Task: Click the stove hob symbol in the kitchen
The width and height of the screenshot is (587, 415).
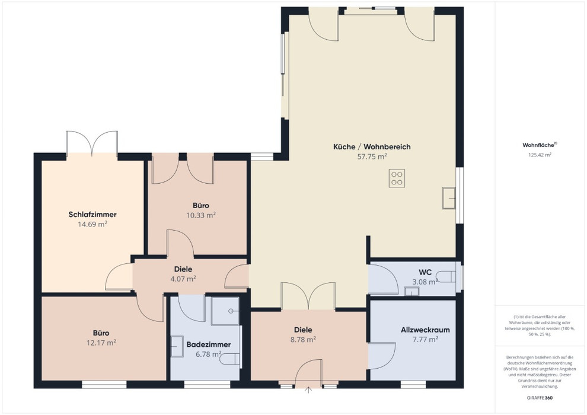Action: (397, 178)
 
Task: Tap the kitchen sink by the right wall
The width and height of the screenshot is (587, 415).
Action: (449, 197)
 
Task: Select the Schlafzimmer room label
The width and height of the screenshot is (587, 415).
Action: (92, 215)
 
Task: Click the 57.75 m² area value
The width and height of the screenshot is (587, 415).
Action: (372, 157)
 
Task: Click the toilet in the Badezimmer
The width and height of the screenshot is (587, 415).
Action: (229, 359)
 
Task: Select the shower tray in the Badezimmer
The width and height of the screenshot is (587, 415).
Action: (225, 311)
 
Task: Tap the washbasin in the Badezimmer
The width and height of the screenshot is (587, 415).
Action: (176, 346)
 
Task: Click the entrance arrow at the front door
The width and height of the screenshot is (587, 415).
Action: (308, 390)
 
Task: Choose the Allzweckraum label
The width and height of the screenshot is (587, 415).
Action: (425, 330)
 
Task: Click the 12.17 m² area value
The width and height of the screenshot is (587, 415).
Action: (101, 343)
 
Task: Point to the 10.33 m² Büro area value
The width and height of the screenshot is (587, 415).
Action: (201, 215)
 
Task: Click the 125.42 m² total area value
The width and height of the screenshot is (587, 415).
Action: (540, 155)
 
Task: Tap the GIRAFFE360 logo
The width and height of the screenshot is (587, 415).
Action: (540, 398)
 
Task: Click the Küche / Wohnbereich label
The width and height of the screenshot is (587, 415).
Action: (372, 146)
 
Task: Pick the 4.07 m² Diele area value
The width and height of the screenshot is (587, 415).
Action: (183, 279)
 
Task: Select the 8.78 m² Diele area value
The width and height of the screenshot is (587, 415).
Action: (303, 340)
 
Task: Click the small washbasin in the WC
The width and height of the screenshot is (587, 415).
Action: (411, 291)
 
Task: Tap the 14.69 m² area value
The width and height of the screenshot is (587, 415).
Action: (92, 224)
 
